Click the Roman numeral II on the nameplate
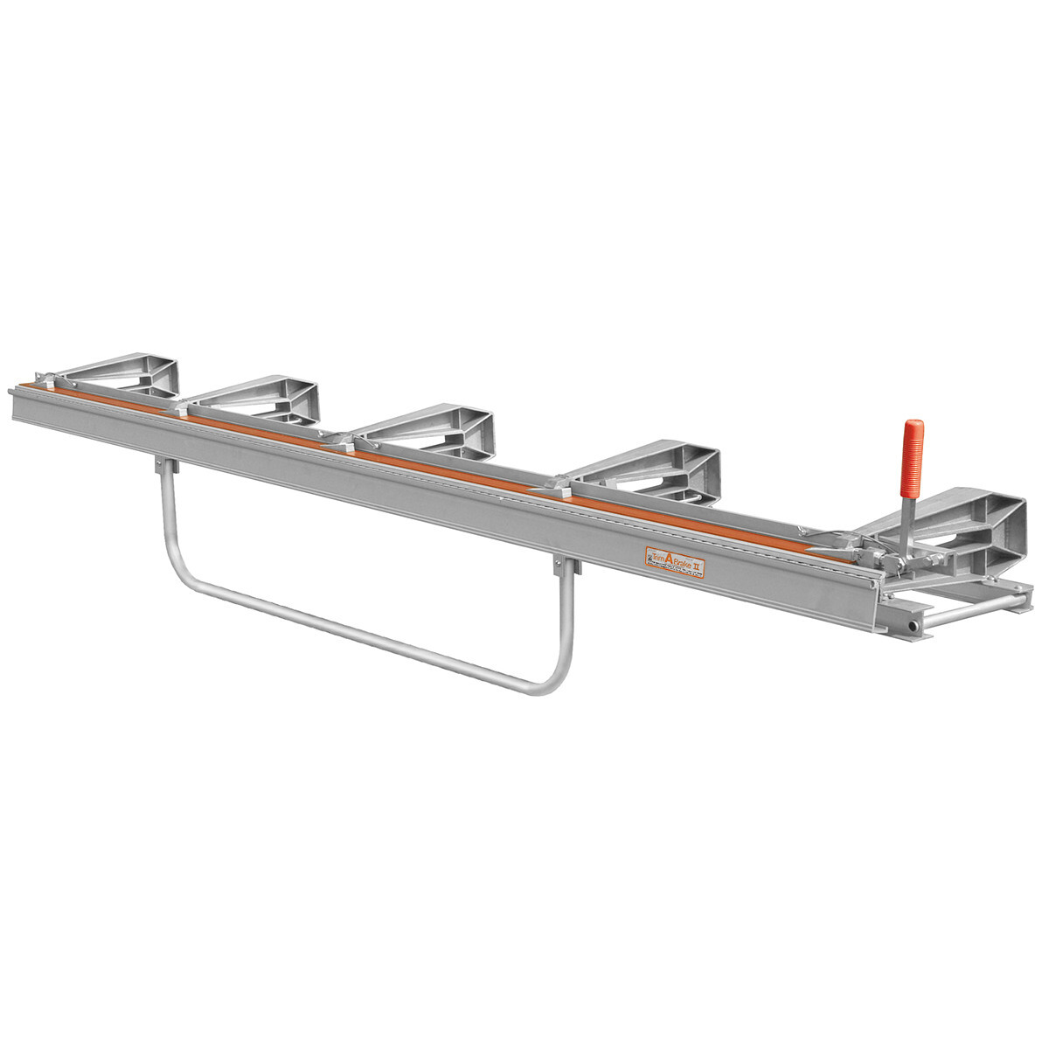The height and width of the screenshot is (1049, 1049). pyautogui.click(x=698, y=567)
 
